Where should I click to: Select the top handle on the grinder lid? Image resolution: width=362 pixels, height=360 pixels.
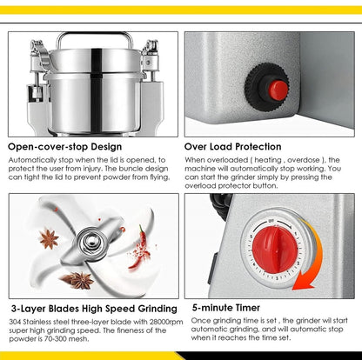(94, 38)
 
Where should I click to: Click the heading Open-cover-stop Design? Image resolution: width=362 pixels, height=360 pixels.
(65, 146)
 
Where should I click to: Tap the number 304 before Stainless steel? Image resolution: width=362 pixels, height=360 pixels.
(17, 323)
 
